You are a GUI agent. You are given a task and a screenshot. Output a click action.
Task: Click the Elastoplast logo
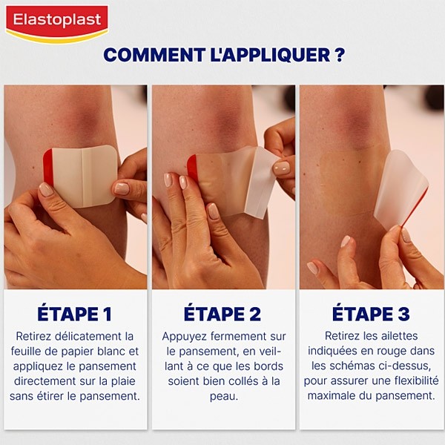pos(57,22)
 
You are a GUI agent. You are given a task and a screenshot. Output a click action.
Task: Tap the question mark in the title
pos(338,55)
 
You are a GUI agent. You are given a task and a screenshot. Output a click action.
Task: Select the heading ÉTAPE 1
pos(74,314)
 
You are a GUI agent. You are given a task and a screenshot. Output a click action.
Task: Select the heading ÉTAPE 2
pos(222,314)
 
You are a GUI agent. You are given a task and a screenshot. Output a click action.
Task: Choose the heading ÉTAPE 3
pos(371,314)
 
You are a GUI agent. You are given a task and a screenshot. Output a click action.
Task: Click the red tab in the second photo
pos(193,168)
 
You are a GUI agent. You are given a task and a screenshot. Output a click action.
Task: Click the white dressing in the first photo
pos(85,175)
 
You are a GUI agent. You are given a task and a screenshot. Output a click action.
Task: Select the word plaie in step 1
pos(122,381)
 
